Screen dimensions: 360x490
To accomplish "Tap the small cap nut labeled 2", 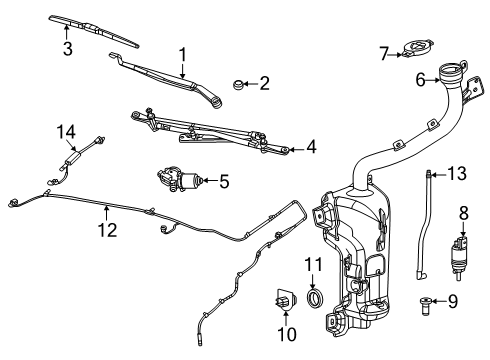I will [x=242, y=85].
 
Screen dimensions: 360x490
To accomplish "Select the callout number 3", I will [x=66, y=49].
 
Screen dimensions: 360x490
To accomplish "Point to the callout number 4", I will [x=311, y=148].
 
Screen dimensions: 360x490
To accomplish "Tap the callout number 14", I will [x=66, y=131].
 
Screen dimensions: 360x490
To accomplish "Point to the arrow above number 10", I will [x=284, y=317].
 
